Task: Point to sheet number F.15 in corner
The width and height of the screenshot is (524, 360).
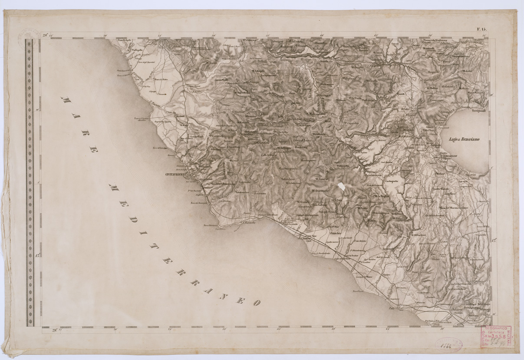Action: coord(482,30)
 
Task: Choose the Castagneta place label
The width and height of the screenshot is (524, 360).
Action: coord(391,181)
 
